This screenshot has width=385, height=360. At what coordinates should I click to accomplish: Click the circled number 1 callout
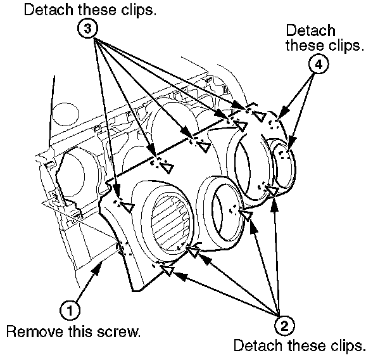pos(71,310)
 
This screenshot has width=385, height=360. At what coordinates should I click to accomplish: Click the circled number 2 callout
pos(284,326)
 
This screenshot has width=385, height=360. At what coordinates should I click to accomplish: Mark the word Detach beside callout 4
pos(310,30)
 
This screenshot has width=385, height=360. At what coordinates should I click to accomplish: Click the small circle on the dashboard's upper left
pos(65,115)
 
